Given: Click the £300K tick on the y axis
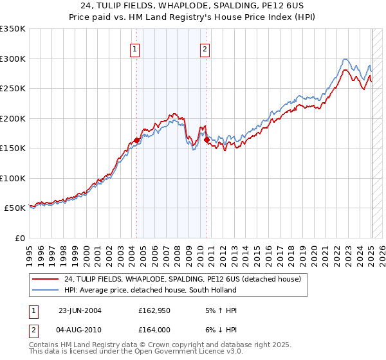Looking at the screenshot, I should pyautogui.click(x=14, y=59).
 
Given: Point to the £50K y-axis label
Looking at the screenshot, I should pyautogui.click(x=15, y=208).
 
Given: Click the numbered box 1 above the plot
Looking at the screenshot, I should pyautogui.click(x=135, y=49).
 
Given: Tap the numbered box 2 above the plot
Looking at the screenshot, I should pyautogui.click(x=205, y=49).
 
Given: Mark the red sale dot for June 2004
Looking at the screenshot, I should pyautogui.click(x=137, y=140).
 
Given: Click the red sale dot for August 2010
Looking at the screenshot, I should pyautogui.click(x=207, y=139).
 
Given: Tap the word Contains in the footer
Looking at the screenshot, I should pyautogui.click(x=44, y=346).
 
